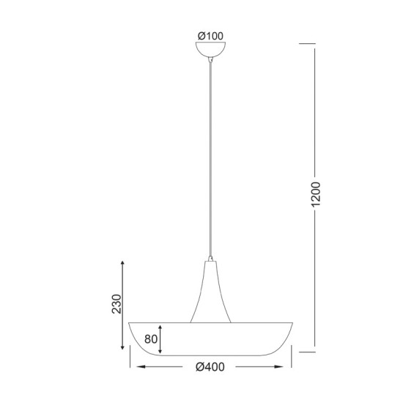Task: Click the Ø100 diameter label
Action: click(211, 34)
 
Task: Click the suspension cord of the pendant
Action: click(211, 161)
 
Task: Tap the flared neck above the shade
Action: click(211, 293)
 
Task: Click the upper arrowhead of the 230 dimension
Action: click(122, 262)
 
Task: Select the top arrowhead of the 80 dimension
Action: click(161, 325)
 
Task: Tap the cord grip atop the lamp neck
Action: click(211, 258)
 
